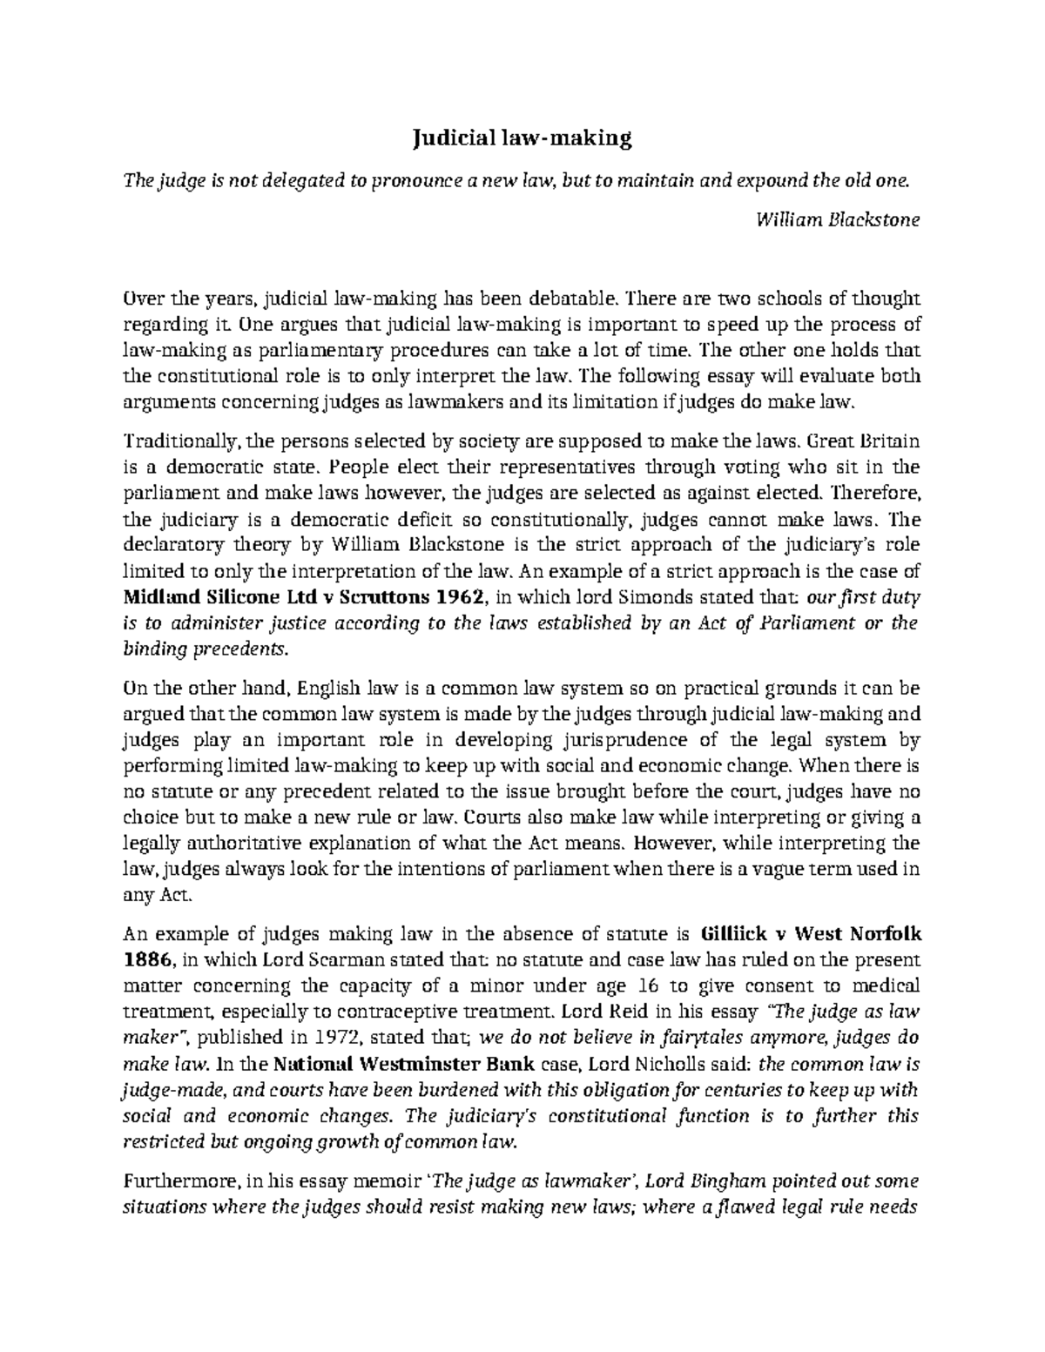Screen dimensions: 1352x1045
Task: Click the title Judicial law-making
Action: coord(522,138)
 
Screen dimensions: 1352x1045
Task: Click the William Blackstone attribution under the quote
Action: coord(839,220)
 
